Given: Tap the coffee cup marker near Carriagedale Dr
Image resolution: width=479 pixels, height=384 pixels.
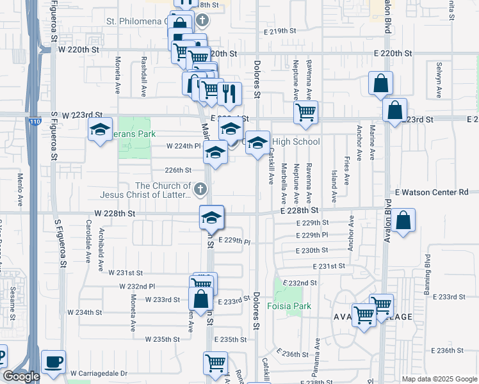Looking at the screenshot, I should click(54, 362).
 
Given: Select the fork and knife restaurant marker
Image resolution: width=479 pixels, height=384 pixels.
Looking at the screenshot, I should click(229, 93).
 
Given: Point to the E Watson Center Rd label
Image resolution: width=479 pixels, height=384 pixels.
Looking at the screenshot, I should click(432, 192).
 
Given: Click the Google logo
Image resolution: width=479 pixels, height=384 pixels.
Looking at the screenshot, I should click(21, 376).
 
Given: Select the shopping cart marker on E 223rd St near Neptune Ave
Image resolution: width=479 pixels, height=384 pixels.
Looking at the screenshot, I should click(306, 112).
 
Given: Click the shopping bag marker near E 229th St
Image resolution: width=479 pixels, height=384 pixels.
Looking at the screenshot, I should click(404, 221).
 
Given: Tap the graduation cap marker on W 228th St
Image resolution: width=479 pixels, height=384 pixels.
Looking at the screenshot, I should click(211, 218).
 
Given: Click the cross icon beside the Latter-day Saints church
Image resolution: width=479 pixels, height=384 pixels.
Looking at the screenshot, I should click(200, 188).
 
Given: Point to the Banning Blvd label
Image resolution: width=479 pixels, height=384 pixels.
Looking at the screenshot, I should click(427, 269).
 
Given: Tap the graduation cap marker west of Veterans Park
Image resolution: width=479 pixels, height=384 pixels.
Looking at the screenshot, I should click(101, 130).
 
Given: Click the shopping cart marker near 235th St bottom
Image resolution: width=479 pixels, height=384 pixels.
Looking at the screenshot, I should click(215, 364).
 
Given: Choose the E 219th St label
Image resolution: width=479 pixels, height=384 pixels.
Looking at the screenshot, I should click(280, 31).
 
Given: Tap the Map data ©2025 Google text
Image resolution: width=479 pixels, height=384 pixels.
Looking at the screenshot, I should click(439, 379).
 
